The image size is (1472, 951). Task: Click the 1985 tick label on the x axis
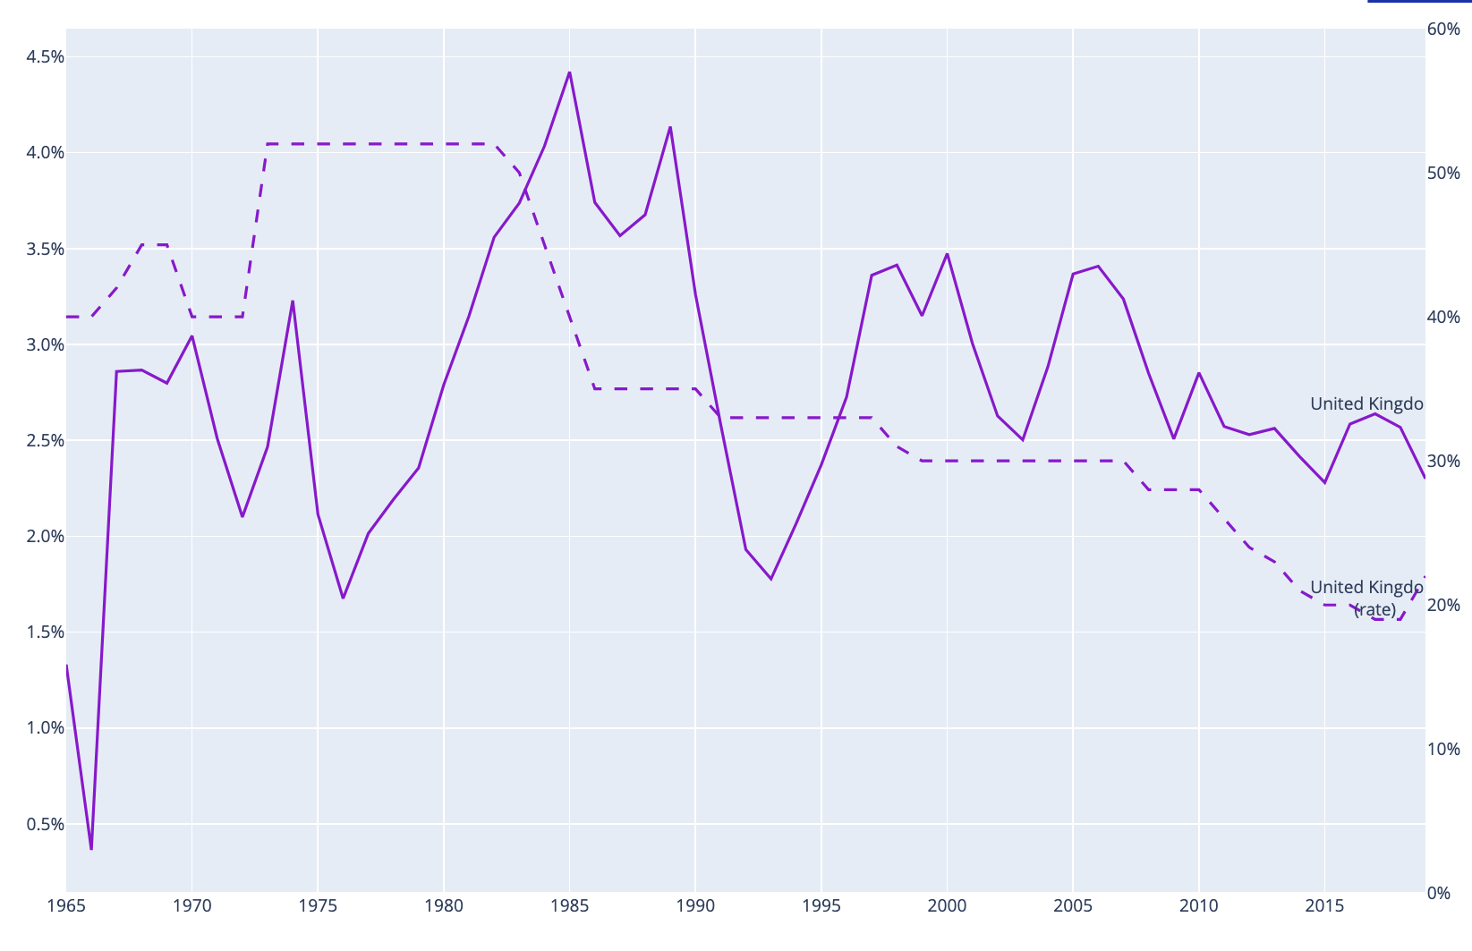pyautogui.click(x=569, y=906)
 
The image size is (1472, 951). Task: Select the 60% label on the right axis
pyautogui.click(x=1443, y=30)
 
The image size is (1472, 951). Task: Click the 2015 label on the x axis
pyautogui.click(x=1324, y=906)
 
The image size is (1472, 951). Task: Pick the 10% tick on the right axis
pyautogui.click(x=1443, y=749)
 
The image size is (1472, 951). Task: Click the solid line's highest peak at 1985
pyautogui.click(x=569, y=72)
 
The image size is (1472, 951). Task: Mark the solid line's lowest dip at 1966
pyautogui.click(x=91, y=848)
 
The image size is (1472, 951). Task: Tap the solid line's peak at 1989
pyautogui.click(x=670, y=127)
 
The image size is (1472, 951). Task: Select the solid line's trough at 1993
pyautogui.click(x=770, y=579)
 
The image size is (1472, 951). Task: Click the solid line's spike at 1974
pyautogui.click(x=293, y=301)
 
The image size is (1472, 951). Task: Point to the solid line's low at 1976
pyautogui.click(x=343, y=598)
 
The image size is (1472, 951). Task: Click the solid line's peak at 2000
pyautogui.click(x=947, y=254)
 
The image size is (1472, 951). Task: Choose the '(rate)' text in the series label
pyautogui.click(x=1374, y=609)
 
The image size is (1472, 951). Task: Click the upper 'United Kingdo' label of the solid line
pyautogui.click(x=1366, y=403)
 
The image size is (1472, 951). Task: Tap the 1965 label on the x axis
pyautogui.click(x=66, y=906)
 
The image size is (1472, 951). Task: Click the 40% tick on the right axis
pyautogui.click(x=1443, y=317)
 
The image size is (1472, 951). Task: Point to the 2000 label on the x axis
pyautogui.click(x=947, y=906)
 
